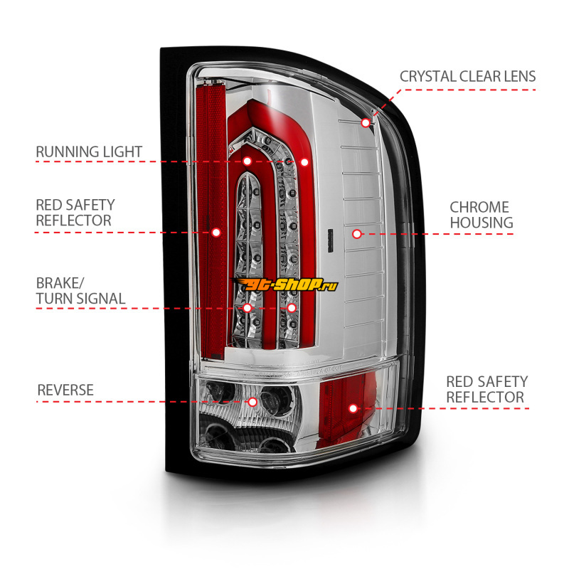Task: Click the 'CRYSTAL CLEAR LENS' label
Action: (467, 76)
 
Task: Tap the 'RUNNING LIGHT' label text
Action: (89, 151)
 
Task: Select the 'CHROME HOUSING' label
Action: (481, 215)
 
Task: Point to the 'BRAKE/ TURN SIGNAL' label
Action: (80, 290)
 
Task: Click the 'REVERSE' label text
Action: (65, 390)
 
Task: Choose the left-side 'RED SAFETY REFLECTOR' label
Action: (75, 213)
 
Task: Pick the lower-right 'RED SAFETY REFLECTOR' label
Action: (486, 389)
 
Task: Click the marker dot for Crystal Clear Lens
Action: (366, 122)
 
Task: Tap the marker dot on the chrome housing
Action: (356, 233)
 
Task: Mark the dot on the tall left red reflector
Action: (216, 232)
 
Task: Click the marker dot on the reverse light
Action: (252, 402)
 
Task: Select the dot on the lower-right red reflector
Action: (353, 408)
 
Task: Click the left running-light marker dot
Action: (247, 161)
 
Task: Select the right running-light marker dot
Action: (304, 161)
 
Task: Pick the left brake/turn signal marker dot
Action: (247, 308)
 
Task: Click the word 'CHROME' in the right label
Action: (479, 207)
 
